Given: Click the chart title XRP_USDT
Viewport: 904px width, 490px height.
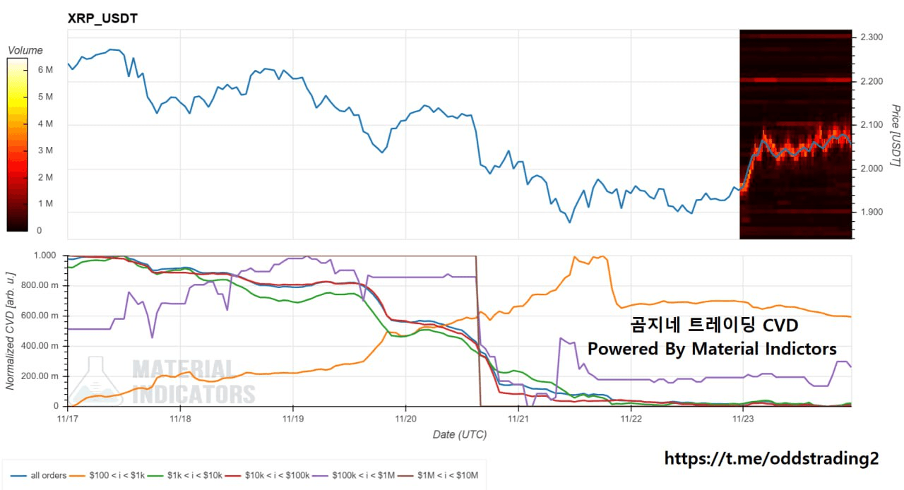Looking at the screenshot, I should tap(102, 18).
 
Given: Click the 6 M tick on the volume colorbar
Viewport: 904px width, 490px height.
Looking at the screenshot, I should tap(44, 70).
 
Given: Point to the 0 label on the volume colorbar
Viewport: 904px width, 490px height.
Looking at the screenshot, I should tap(39, 230).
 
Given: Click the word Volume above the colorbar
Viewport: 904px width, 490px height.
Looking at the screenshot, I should tap(25, 51).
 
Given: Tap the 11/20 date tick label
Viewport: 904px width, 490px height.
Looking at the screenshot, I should tap(405, 418).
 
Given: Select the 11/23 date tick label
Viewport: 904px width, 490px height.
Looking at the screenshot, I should tap(743, 418).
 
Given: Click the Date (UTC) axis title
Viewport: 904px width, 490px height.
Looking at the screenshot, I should tap(459, 434).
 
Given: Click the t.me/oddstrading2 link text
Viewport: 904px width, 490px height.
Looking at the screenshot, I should tap(771, 458).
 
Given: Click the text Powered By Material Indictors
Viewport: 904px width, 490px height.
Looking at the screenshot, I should tap(712, 349).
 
